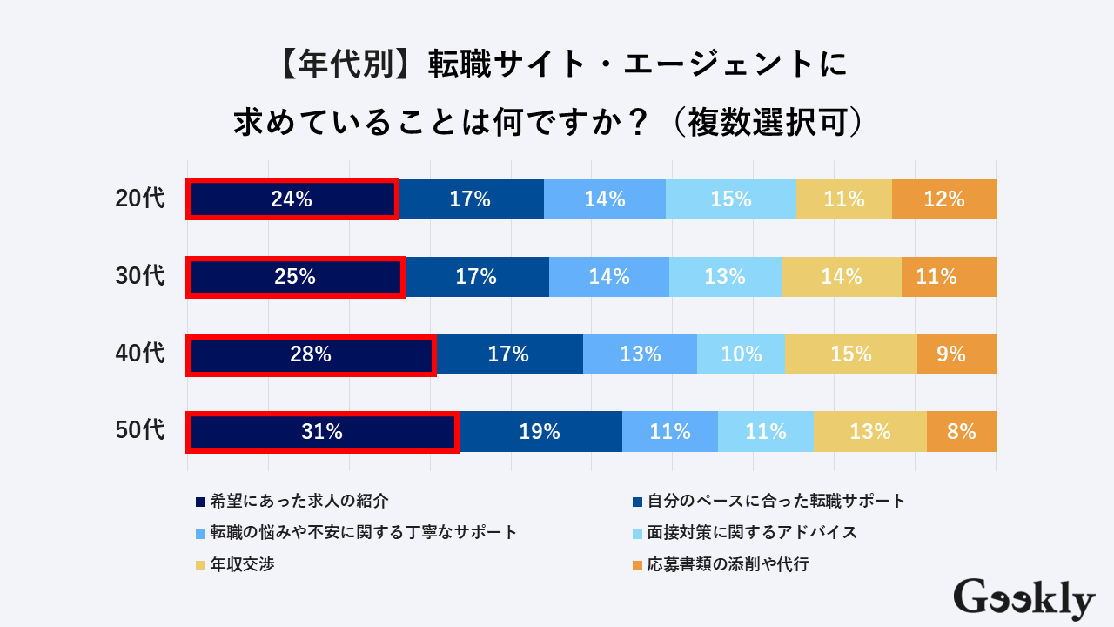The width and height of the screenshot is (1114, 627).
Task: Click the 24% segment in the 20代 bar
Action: pyautogui.click(x=292, y=199)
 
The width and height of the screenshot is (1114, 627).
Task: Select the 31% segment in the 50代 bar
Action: pyautogui.click(x=323, y=431)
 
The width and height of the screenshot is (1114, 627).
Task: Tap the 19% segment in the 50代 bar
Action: pyautogui.click(x=540, y=431)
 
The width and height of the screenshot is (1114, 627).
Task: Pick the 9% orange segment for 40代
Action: pyautogui.click(x=956, y=354)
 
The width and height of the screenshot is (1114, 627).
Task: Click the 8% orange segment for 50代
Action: pyautogui.click(x=961, y=431)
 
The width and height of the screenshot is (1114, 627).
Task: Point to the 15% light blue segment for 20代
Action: pyautogui.click(x=731, y=199)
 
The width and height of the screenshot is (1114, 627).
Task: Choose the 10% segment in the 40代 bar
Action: pyautogui.click(x=741, y=354)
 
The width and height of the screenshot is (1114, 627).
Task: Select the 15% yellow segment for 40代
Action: pyautogui.click(x=850, y=354)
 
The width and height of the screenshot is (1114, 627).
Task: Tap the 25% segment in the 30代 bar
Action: pyautogui.click(x=295, y=277)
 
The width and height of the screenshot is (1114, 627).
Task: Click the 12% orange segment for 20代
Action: pyautogui.click(x=944, y=199)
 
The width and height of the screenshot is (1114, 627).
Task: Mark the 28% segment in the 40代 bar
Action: pyautogui.click(x=311, y=354)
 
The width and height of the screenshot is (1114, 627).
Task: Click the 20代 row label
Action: pyautogui.click(x=140, y=199)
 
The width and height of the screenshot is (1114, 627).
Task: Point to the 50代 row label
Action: pyautogui.click(x=140, y=430)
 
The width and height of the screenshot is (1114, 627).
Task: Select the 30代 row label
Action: pyautogui.click(x=140, y=276)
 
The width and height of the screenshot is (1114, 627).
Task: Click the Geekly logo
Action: pyautogui.click(x=1023, y=599)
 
